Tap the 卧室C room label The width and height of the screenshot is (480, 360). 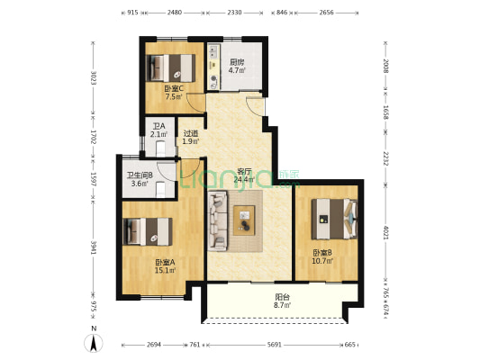click(x=174, y=89)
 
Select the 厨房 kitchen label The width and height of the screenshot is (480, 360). click(x=237, y=62)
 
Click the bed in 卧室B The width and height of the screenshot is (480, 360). click(x=334, y=219)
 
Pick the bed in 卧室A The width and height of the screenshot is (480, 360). click(x=148, y=231)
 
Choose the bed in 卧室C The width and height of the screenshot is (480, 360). click(x=170, y=67)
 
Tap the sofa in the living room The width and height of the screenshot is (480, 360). click(x=218, y=220)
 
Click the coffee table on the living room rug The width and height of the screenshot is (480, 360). click(x=244, y=220)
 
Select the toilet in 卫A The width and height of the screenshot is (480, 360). click(x=160, y=148)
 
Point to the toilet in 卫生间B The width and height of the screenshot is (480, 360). click(x=160, y=189)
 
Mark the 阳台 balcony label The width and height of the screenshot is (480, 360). click(x=282, y=297)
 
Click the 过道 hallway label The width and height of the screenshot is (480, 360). click(x=191, y=134)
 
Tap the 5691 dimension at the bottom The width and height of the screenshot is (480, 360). click(x=275, y=345)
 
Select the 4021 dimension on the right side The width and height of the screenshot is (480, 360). click(x=385, y=233)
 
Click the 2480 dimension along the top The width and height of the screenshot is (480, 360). click(x=175, y=13)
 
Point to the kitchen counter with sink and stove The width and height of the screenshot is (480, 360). click(x=213, y=67)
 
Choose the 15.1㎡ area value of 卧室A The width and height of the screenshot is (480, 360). click(x=165, y=270)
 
